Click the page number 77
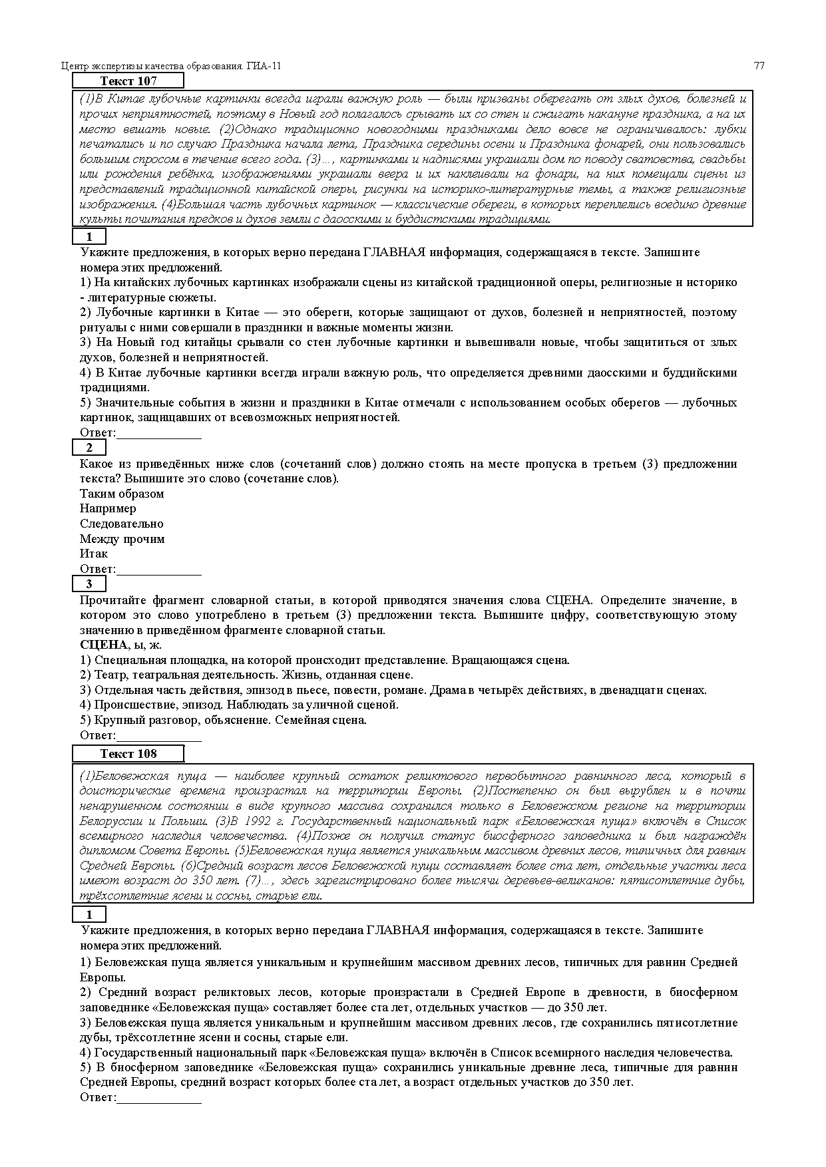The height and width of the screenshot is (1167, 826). tap(759, 66)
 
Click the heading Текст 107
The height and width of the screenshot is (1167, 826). tap(128, 81)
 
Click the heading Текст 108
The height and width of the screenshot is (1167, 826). tap(128, 754)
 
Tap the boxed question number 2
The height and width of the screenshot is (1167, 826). tap(89, 448)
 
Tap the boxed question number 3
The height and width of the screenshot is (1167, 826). tap(89, 584)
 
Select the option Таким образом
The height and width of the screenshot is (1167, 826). tap(122, 494)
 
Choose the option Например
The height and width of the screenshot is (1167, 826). tap(108, 508)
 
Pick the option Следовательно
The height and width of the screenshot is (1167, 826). tap(121, 524)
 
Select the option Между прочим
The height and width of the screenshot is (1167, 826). tap(122, 539)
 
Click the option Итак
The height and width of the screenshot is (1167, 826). tap(94, 554)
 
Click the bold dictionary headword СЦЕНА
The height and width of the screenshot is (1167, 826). tap(103, 645)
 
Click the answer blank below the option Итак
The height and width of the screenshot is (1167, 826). tap(159, 570)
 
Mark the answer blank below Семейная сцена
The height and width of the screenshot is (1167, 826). tap(159, 737)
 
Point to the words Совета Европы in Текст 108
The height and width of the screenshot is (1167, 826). tap(178, 851)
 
